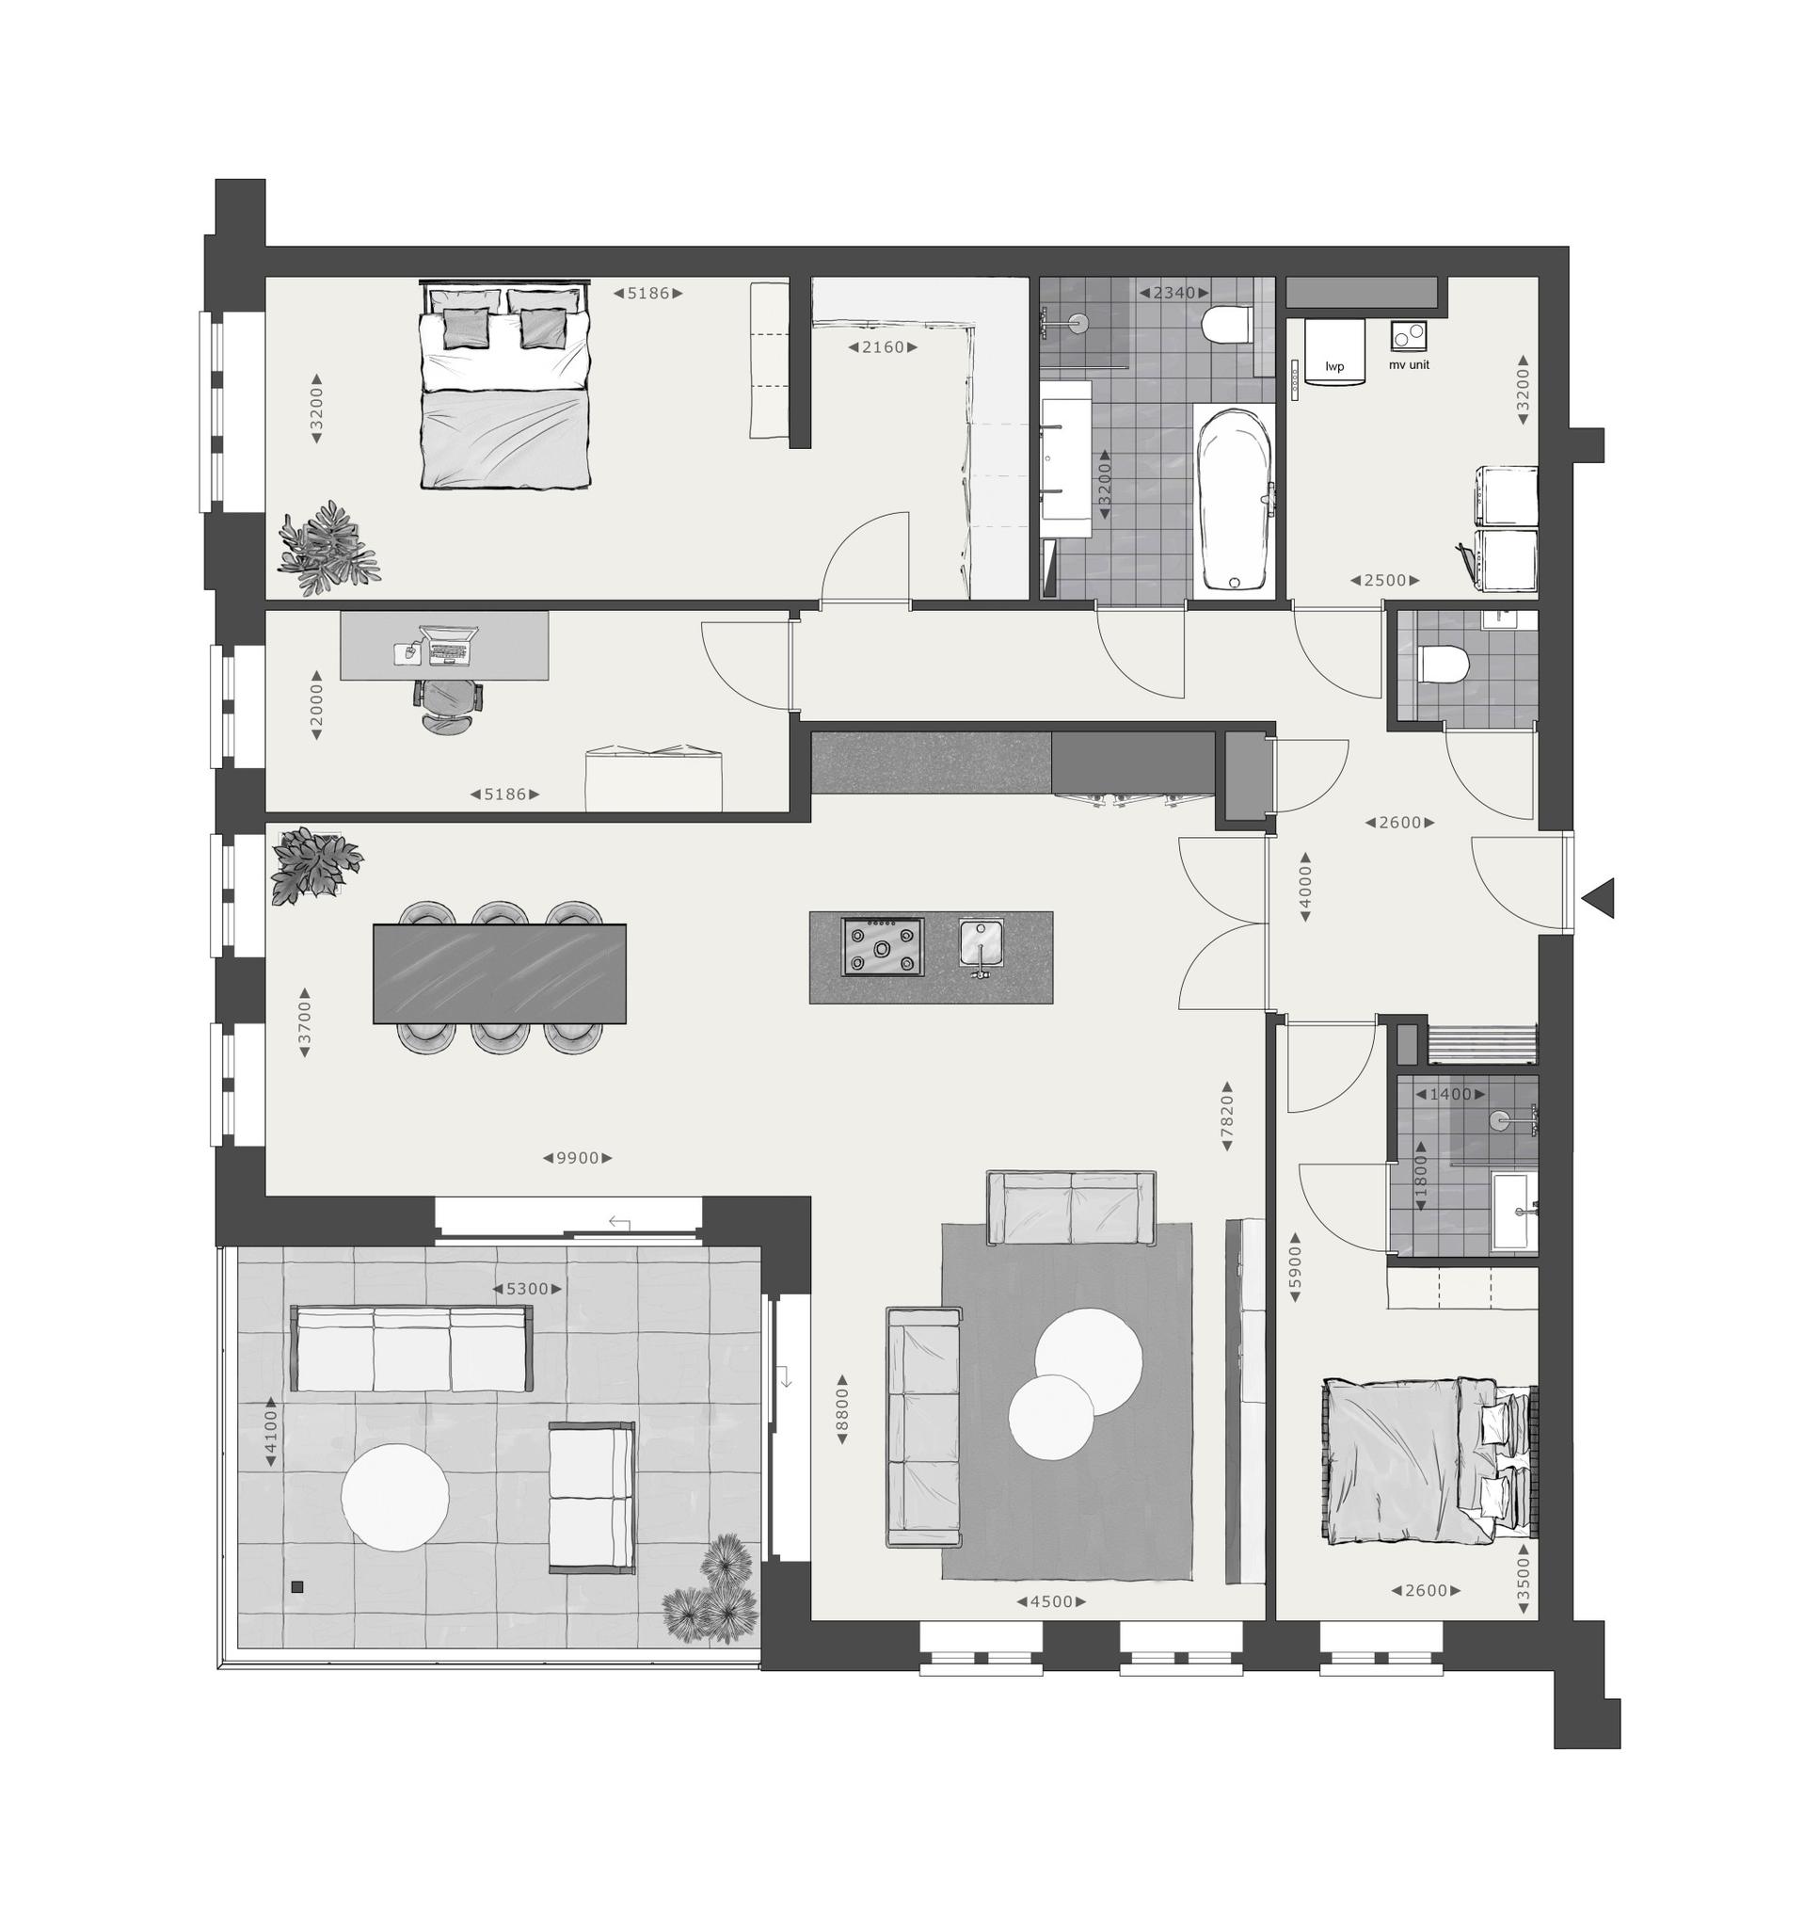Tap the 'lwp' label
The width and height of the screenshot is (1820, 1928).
click(1335, 367)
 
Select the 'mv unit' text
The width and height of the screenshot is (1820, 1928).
click(1409, 365)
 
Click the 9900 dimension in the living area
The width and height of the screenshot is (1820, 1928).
click(577, 1158)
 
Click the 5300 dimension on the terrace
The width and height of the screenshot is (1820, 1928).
click(528, 1289)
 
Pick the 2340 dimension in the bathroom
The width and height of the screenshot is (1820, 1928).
click(1173, 292)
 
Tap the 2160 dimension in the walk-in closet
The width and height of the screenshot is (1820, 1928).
click(883, 346)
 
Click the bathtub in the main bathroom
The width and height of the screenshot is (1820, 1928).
click(1236, 500)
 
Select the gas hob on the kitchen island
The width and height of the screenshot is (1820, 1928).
click(882, 947)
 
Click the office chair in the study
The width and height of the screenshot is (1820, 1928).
click(446, 705)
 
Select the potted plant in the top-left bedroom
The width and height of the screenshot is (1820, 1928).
click(326, 549)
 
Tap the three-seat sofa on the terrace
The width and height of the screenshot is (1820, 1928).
click(412, 1348)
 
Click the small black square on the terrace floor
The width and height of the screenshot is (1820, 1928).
click(297, 1587)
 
